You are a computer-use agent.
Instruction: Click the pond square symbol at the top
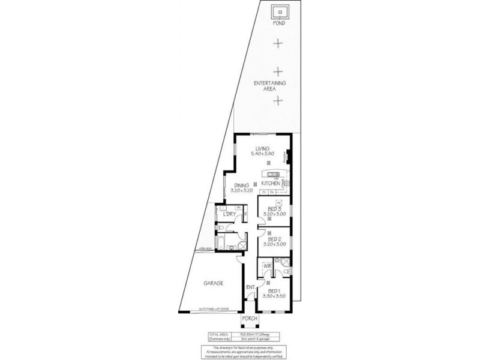[x=279, y=13]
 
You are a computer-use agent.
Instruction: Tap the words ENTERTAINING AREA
[x=269, y=85]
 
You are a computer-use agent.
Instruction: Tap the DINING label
[x=242, y=185]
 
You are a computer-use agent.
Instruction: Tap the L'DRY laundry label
[x=229, y=214]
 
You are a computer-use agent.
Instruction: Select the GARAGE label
[x=213, y=283]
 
